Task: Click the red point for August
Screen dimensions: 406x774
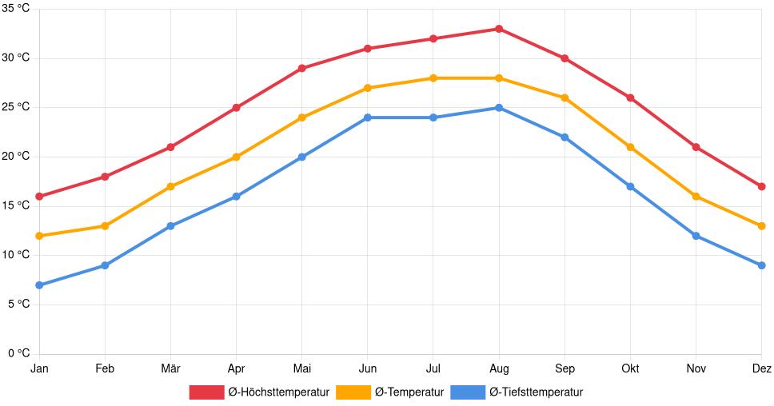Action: point(499,29)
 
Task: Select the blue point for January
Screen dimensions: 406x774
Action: point(39,285)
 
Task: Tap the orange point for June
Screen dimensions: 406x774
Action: point(368,88)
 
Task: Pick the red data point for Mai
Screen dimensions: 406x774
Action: point(301,68)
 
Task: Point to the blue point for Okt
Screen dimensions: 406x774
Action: point(630,186)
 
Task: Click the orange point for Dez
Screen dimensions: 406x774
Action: point(761,226)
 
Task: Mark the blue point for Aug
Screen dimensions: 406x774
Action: point(499,108)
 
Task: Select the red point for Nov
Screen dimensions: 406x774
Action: point(696,147)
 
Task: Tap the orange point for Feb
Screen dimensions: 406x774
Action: point(105,226)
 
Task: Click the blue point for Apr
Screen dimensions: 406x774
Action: point(236,197)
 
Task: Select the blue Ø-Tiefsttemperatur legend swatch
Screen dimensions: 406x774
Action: point(468,392)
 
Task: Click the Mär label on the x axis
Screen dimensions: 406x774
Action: point(170,368)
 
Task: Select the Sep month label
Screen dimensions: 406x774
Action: point(565,368)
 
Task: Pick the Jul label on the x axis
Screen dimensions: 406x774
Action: point(433,368)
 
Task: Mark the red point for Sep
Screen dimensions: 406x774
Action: point(565,58)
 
